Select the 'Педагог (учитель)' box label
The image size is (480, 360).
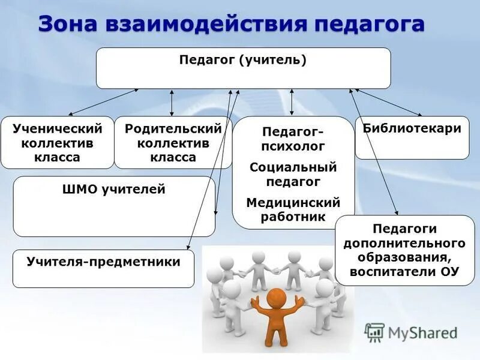(x=243, y=60)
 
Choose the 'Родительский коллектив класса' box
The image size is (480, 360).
(x=173, y=143)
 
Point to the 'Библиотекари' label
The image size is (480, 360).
(x=412, y=128)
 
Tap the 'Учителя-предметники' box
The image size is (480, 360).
(x=103, y=262)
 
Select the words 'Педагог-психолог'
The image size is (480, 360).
(x=293, y=138)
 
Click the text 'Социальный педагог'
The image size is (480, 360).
(x=293, y=174)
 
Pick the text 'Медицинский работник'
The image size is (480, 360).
(x=293, y=209)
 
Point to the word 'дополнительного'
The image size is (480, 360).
(x=404, y=243)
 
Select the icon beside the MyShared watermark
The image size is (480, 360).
(x=375, y=332)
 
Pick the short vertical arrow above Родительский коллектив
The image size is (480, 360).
(x=172, y=103)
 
